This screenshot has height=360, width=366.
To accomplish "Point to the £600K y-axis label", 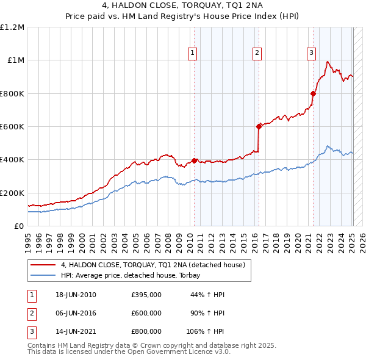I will click(x=12, y=127).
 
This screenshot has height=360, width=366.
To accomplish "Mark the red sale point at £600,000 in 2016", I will click(x=259, y=126).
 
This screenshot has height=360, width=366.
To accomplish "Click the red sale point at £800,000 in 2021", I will click(x=314, y=93).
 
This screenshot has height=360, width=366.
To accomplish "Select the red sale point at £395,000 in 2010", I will click(x=195, y=160).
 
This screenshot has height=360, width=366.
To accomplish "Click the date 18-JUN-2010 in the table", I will click(x=75, y=295).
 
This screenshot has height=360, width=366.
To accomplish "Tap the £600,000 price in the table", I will click(x=146, y=313).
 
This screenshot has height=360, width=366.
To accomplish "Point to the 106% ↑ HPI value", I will click(x=206, y=331).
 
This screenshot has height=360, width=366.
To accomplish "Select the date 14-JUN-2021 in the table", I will click(x=75, y=331).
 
